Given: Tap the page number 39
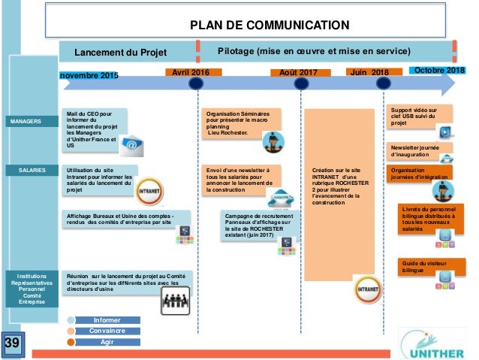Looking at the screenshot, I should point(12,344).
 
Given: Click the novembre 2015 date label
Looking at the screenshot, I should point(89,75).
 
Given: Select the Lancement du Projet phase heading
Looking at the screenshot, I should point(120,53).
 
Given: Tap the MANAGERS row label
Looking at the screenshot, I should point(30,120).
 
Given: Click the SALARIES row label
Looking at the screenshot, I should point(30,171).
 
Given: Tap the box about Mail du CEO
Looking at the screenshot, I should point(92,130).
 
